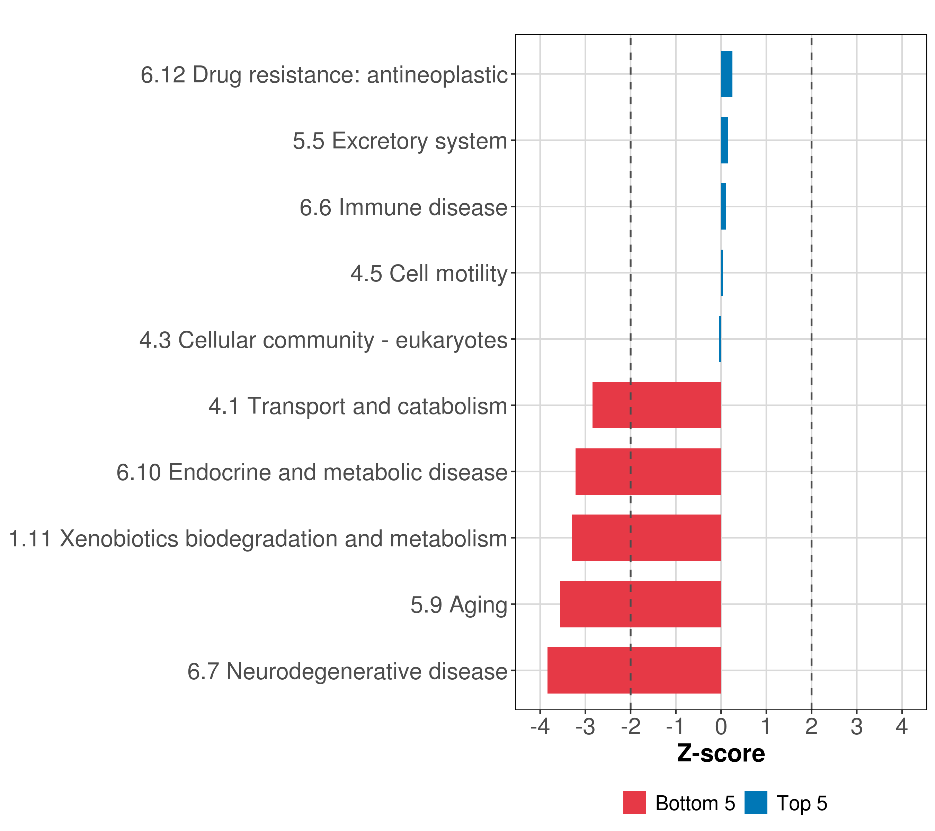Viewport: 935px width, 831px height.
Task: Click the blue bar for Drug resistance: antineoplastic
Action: click(x=727, y=74)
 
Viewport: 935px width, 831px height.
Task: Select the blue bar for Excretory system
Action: click(x=724, y=141)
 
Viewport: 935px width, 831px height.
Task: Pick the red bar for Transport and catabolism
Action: click(x=657, y=405)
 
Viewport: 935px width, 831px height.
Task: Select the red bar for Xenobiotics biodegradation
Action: click(x=646, y=538)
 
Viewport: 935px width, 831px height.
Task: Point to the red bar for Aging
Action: click(x=640, y=604)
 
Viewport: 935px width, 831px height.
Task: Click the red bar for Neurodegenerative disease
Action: click(x=634, y=670)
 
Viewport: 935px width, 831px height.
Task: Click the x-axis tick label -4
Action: click(x=540, y=727)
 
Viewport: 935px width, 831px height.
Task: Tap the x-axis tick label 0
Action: click(x=721, y=727)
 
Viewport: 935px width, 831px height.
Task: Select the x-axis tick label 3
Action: click(x=856, y=727)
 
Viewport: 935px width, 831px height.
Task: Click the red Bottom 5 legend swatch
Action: click(x=634, y=803)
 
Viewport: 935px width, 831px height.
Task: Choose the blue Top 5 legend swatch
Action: click(x=756, y=803)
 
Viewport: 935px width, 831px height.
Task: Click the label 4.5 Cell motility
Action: click(x=429, y=274)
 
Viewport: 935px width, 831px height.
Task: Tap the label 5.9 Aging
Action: click(x=459, y=605)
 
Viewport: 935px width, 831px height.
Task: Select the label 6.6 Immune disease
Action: click(x=403, y=208)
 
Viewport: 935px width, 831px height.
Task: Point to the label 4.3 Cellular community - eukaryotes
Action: click(x=323, y=340)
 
